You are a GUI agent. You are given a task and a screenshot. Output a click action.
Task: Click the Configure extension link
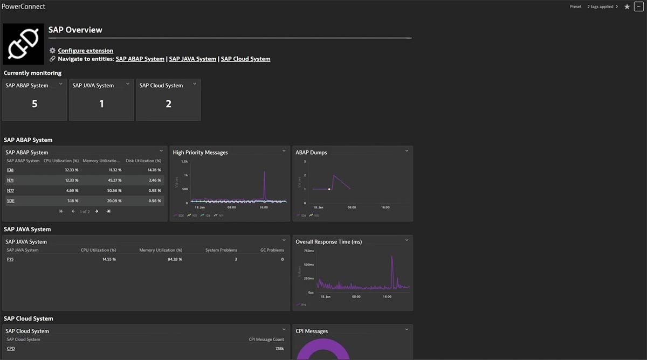85,51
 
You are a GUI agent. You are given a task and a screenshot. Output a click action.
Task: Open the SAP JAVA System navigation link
192,59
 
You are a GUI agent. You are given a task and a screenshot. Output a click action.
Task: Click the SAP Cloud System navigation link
245,59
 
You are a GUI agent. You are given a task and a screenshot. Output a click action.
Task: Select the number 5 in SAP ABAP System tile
35,104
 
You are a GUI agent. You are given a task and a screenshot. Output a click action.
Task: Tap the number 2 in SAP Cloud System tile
168,104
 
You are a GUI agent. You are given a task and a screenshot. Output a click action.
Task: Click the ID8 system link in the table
10,170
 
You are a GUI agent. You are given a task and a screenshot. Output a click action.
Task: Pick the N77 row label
10,191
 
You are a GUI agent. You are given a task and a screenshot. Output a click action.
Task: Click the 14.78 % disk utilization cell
154,170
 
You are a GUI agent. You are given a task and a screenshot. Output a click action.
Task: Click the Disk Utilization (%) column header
143,161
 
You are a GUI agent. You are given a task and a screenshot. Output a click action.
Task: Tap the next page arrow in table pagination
97,211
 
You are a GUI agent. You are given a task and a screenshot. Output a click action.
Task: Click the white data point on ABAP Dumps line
329,189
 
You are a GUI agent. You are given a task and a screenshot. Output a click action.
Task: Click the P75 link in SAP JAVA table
10,259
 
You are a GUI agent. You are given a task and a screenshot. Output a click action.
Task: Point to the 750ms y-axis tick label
308,251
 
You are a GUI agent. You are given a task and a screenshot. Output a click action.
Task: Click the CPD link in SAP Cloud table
11,349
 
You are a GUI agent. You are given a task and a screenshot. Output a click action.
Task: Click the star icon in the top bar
627,7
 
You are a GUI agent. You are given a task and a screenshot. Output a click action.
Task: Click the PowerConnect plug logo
23,44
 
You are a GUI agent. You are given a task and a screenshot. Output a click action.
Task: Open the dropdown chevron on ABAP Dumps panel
407,151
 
